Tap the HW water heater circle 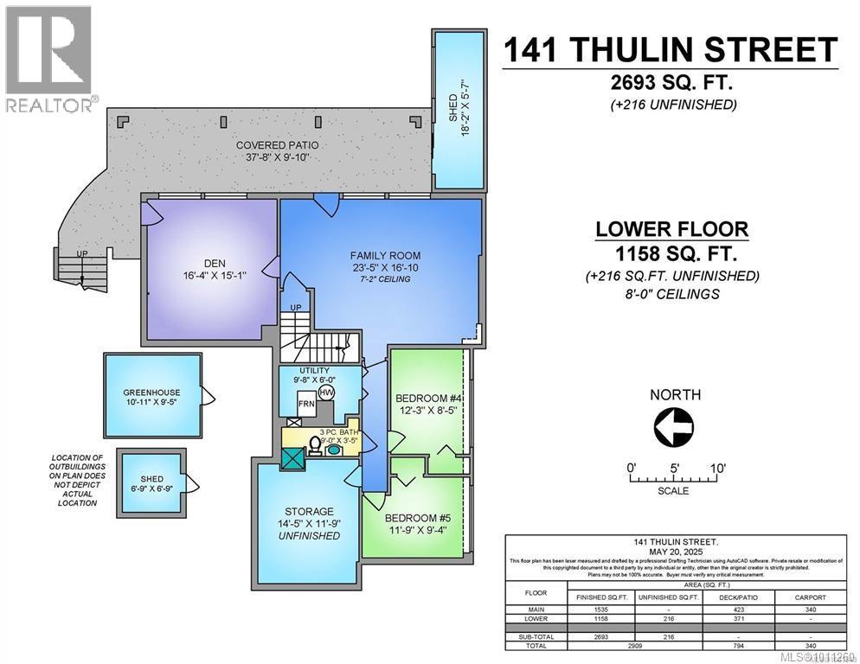tap(326, 392)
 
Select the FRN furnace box tap(305, 404)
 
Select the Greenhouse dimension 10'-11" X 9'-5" tap(151, 402)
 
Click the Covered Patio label tap(272, 144)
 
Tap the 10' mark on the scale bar tap(716, 468)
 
